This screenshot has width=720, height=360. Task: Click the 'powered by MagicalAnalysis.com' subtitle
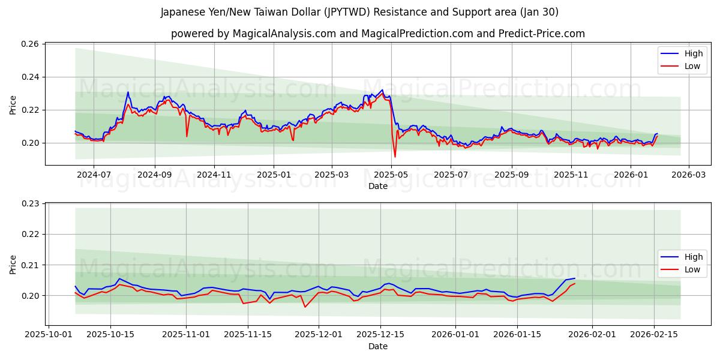click(378, 34)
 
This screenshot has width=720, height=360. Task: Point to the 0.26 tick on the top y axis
click(31, 44)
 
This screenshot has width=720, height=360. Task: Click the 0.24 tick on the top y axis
click(31, 77)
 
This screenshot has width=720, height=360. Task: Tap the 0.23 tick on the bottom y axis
click(31, 204)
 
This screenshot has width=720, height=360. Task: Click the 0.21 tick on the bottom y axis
click(31, 265)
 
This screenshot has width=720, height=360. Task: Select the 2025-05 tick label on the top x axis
click(391, 175)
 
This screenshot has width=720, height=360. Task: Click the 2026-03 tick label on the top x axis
click(688, 175)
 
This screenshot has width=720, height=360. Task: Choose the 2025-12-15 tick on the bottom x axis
click(380, 334)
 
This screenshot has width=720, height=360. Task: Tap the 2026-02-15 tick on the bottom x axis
click(653, 334)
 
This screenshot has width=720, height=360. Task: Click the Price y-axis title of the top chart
click(13, 105)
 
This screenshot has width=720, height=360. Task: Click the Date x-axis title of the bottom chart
click(378, 346)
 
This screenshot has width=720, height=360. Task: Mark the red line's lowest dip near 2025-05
click(395, 157)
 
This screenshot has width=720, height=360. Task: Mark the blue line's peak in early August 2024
click(128, 92)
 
